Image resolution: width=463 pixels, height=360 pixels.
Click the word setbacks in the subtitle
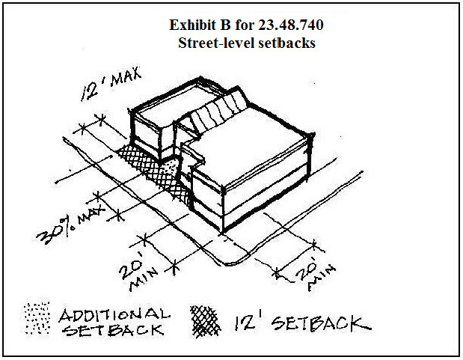(x=287, y=43)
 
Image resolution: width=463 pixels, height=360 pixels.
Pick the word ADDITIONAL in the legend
(x=114, y=314)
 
